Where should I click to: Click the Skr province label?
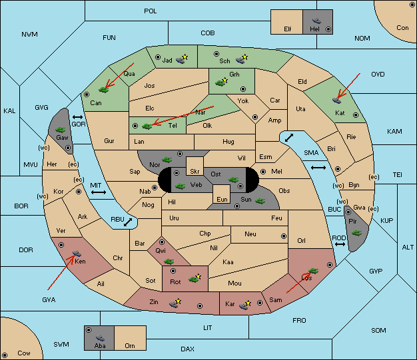click(x=195, y=172)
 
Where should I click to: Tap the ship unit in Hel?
click(x=316, y=21)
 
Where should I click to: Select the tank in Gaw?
click(x=61, y=130)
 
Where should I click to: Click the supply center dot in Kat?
click(x=356, y=115)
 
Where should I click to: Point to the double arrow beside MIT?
click(x=99, y=192)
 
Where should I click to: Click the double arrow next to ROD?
click(x=340, y=244)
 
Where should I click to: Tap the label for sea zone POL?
click(x=151, y=11)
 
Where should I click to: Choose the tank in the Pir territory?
click(x=356, y=234)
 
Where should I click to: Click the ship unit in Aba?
click(x=100, y=338)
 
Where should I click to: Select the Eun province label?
click(x=222, y=199)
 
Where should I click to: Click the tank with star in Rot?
click(x=195, y=278)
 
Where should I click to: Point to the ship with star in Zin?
click(x=175, y=303)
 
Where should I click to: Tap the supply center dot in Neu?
click(x=284, y=236)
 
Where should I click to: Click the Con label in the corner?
click(x=402, y=28)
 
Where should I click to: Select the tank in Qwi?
click(x=169, y=262)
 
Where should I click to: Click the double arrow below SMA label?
click(x=318, y=168)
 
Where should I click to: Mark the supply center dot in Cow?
click(x=5, y=355)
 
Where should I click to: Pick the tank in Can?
click(x=103, y=90)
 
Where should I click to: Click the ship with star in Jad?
click(x=182, y=59)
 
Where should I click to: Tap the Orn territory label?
click(x=130, y=345)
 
